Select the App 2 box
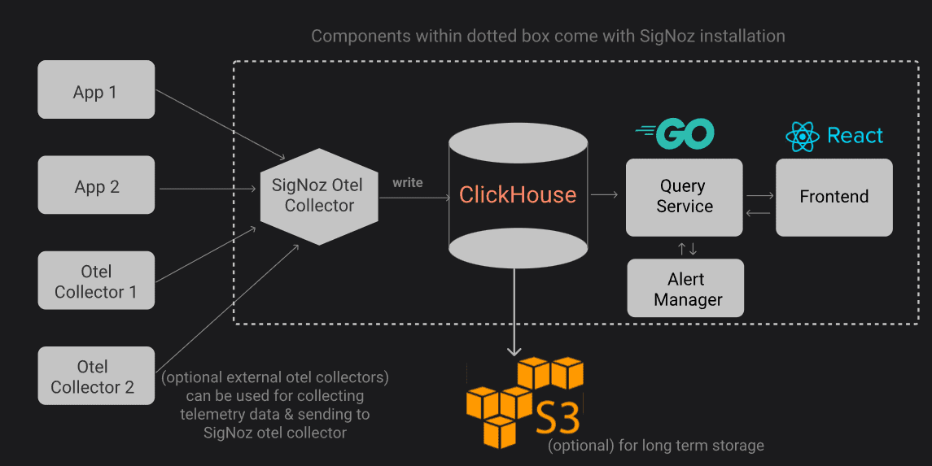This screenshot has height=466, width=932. [96, 185]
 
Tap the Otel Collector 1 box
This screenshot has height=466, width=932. [96, 281]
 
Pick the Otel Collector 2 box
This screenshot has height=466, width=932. [96, 376]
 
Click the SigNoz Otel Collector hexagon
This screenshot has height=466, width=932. [318, 196]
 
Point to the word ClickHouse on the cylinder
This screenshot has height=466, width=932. [518, 195]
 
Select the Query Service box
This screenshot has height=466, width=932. [684, 197]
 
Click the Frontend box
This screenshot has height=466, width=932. [834, 197]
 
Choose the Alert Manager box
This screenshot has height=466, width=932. [685, 289]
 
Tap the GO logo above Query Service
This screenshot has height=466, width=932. [676, 134]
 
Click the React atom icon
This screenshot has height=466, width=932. [802, 137]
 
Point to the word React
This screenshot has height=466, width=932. [855, 136]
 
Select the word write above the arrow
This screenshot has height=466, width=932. [408, 182]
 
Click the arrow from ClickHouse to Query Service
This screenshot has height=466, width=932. [604, 195]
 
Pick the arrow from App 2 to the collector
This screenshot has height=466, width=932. [208, 189]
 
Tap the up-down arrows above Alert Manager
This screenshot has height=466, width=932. [687, 248]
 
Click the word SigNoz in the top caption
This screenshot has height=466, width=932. [664, 37]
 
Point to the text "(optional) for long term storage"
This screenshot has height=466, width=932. [656, 445]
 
